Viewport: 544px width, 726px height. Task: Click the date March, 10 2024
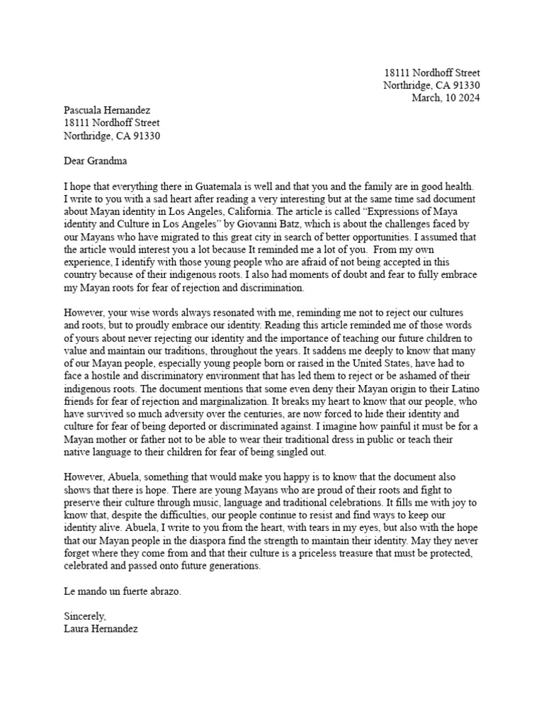click(x=446, y=98)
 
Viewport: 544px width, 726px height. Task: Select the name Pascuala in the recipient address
click(x=86, y=111)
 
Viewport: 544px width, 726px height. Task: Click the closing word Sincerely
click(x=84, y=617)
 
